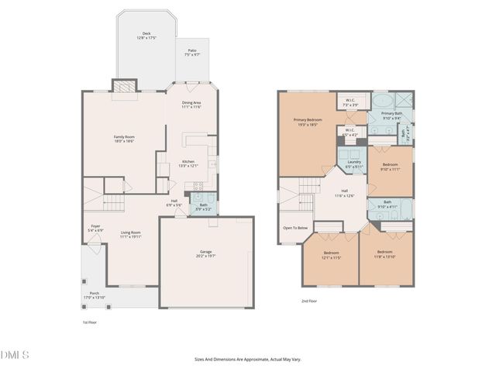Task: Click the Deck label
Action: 146,36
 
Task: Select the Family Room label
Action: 125,139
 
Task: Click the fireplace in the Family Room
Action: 125,87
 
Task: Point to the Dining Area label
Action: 191,105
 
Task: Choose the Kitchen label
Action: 189,164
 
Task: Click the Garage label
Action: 205,253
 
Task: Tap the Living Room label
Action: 130,234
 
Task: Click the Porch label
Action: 95,294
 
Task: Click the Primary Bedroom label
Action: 308,122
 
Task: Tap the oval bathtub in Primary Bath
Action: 381,102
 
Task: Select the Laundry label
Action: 353,164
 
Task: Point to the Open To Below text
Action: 295,228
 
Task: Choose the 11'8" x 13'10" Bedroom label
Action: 385,254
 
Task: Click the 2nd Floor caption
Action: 309,301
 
